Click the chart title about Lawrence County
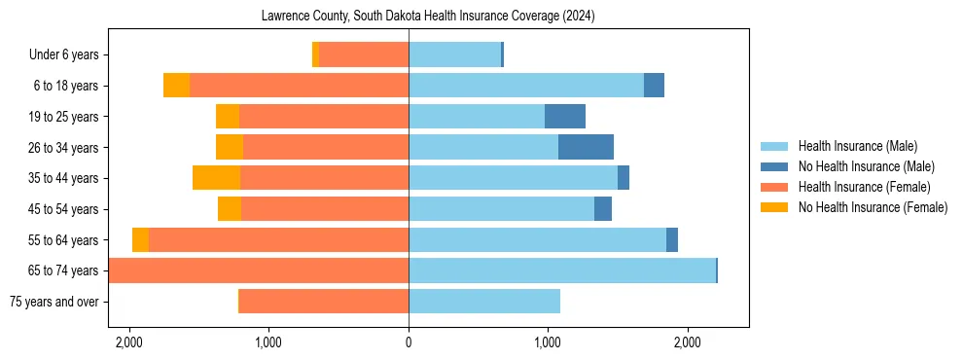[428, 17]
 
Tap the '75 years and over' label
[53, 302]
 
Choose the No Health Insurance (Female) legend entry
[873, 207]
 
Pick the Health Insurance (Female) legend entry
[865, 187]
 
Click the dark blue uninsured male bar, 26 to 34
[586, 147]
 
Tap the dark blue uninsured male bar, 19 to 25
[565, 117]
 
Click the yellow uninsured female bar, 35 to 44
[216, 178]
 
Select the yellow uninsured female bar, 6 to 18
[176, 86]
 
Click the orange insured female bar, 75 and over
[323, 302]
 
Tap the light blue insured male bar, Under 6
[454, 55]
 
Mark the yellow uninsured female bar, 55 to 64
[140, 239]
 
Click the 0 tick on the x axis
[409, 342]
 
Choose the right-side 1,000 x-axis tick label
[548, 342]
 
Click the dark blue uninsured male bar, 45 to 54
[603, 209]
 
